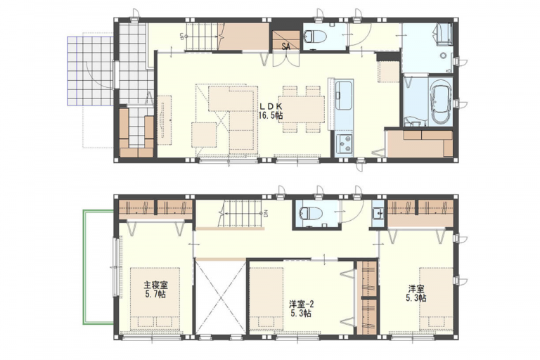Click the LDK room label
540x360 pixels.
[271, 105]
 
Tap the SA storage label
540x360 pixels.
[286, 46]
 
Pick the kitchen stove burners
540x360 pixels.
[344, 145]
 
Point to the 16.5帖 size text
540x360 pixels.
[271, 115]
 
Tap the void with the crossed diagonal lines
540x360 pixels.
[220, 297]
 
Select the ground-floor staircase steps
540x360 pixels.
[204, 36]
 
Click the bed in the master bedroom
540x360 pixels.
[156, 299]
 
